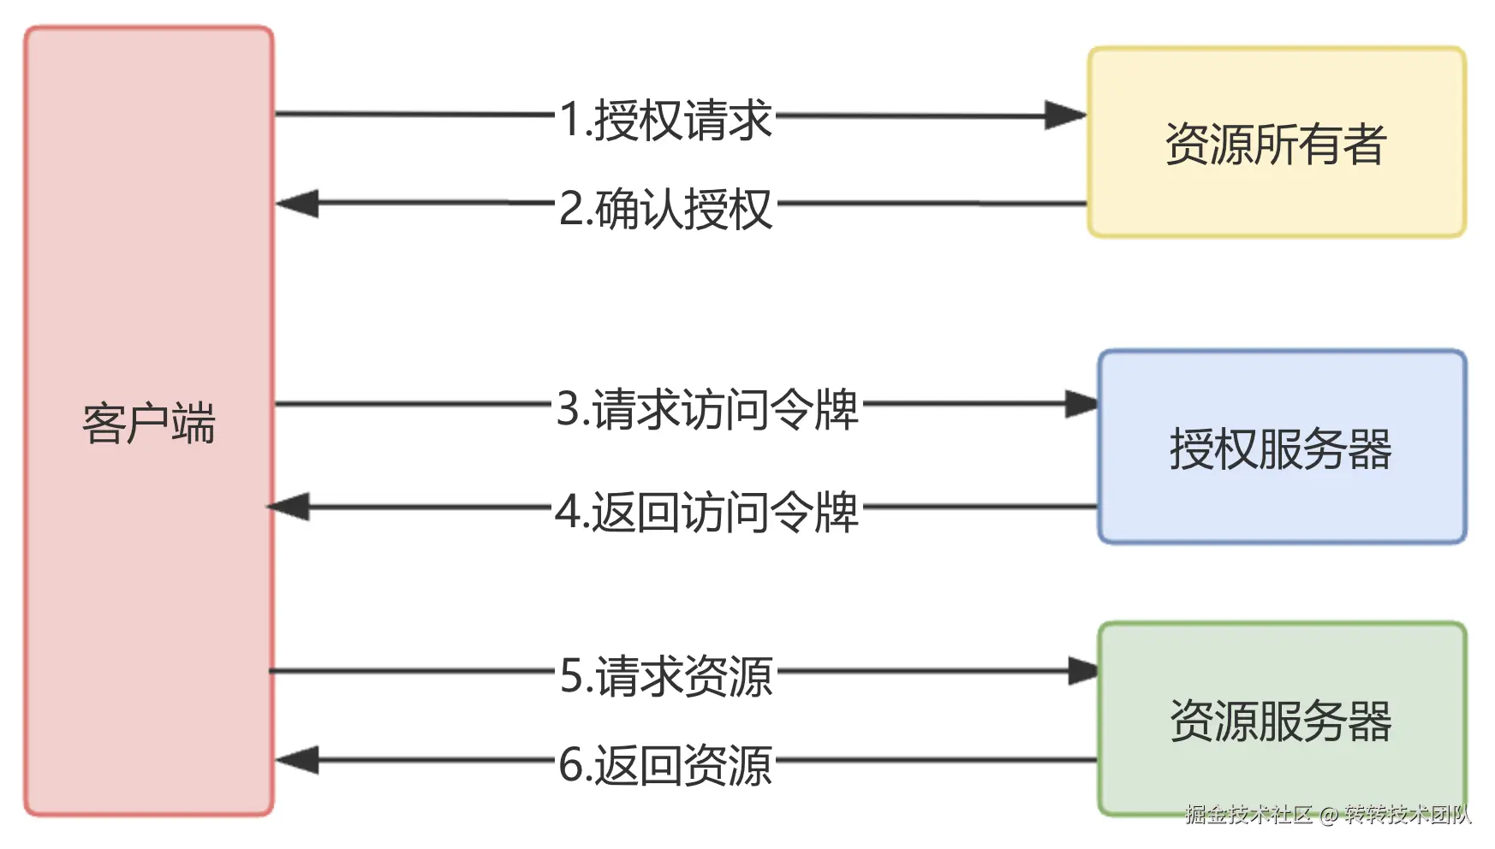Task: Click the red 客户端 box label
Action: [149, 423]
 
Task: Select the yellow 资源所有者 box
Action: [1276, 143]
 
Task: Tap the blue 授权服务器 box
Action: [1281, 448]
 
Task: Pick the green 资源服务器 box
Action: [1281, 720]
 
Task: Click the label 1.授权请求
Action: [665, 119]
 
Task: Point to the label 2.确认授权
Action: [665, 209]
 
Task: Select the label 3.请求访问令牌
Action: [706, 409]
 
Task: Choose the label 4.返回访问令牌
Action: [706, 513]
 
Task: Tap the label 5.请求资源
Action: [666, 676]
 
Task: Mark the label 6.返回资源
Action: [665, 765]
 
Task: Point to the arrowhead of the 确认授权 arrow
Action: [297, 204]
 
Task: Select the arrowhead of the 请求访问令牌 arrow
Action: [1081, 404]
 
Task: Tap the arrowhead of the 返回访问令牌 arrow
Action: [289, 507]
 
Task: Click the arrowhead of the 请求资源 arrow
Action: [1083, 671]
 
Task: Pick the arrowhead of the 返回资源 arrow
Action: [297, 760]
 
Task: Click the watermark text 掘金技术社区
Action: [1248, 814]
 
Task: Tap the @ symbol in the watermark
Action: [1328, 815]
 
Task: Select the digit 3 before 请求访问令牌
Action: [569, 409]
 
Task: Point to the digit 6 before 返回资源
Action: [571, 765]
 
